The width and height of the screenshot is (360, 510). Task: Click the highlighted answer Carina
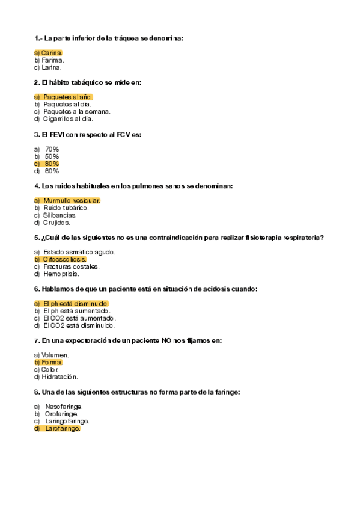coord(49,53)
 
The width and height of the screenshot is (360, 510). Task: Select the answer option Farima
coord(49,60)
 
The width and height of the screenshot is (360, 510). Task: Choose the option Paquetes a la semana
coord(76,111)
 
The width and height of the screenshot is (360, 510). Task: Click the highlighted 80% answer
coord(52,164)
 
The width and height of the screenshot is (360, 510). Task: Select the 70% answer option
coord(52,149)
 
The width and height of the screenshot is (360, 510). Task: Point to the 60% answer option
coord(52,171)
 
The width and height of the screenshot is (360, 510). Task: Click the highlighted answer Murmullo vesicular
coord(72,200)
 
